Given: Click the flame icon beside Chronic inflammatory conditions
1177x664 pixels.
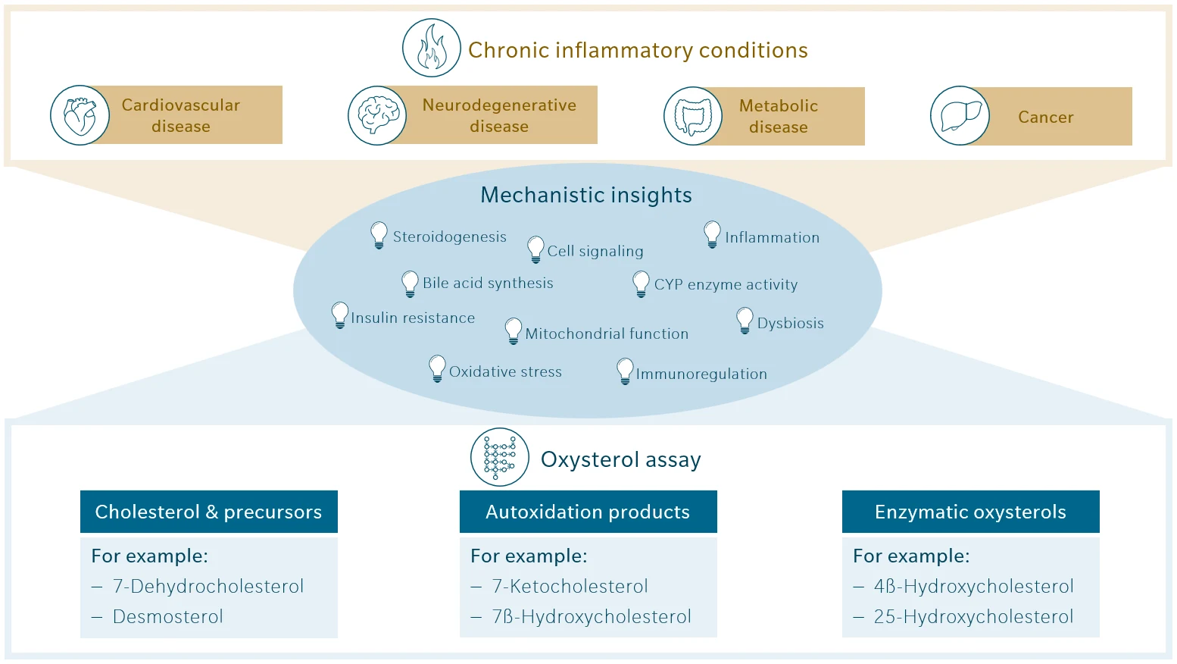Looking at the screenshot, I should (x=431, y=49).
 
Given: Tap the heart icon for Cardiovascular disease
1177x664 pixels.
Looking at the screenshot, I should (x=80, y=116).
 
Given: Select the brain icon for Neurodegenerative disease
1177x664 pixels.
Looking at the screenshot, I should (x=377, y=116).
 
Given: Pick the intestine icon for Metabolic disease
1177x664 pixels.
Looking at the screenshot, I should (x=693, y=117).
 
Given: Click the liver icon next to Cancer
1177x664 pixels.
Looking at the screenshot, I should (x=960, y=116).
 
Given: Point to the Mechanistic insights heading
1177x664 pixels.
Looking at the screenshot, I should (x=585, y=196).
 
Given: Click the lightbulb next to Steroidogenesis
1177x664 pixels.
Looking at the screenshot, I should (x=379, y=235).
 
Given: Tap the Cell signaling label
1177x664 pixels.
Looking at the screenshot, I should (x=595, y=252).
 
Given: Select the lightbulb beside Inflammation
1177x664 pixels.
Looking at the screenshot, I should (x=712, y=234).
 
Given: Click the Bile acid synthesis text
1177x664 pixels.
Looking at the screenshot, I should (x=488, y=283).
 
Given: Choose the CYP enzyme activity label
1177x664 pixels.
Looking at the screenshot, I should (x=726, y=285).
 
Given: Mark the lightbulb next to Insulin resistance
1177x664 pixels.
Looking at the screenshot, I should (x=340, y=315).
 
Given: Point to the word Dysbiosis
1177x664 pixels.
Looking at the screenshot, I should (x=790, y=324).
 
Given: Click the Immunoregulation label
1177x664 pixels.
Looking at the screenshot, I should (x=701, y=374).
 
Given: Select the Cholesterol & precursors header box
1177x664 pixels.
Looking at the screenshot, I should (x=209, y=512).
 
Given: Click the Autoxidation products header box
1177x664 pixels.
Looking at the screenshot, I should (x=588, y=512).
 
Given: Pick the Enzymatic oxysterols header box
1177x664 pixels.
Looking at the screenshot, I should (x=970, y=512).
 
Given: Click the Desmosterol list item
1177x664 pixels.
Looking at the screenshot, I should (x=167, y=617).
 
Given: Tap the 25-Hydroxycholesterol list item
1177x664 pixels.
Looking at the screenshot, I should (x=973, y=617).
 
